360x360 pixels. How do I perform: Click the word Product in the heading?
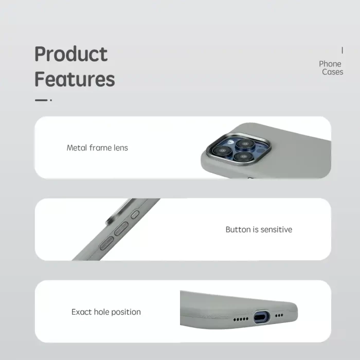pyautogui.click(x=71, y=54)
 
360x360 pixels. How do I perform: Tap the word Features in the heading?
pyautogui.click(x=75, y=79)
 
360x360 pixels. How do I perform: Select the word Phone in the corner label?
pyautogui.click(x=330, y=64)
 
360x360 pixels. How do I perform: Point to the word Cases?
pyautogui.click(x=332, y=72)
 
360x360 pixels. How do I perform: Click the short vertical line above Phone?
pyautogui.click(x=342, y=50)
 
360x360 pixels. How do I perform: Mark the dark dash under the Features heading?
pyautogui.click(x=41, y=100)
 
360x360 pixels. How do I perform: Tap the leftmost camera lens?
pyautogui.click(x=222, y=151)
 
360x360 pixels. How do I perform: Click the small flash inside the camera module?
pyautogui.click(x=230, y=142)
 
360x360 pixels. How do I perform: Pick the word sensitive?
pyautogui.click(x=276, y=229)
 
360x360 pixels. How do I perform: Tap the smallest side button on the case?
pyautogui.click(x=135, y=214)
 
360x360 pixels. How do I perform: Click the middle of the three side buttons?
pyautogui.click(x=121, y=229)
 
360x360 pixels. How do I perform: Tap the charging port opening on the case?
pyautogui.click(x=261, y=317)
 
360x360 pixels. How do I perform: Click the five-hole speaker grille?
pyautogui.click(x=241, y=319)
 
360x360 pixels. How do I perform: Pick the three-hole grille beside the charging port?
pyautogui.click(x=279, y=315)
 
